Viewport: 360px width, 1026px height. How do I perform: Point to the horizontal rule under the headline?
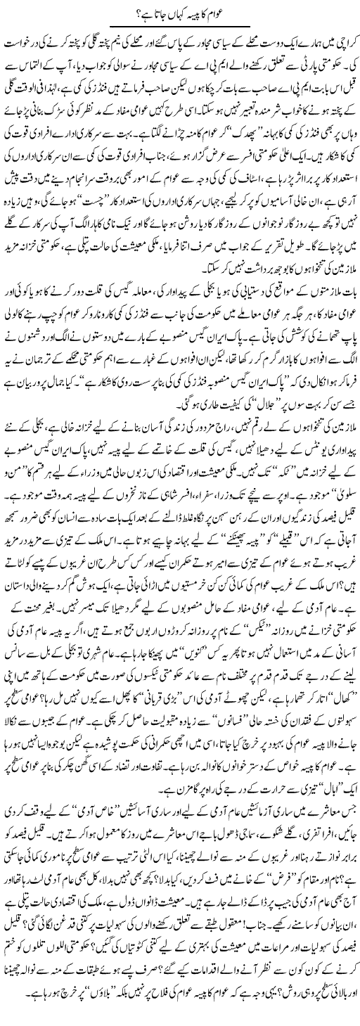180,25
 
